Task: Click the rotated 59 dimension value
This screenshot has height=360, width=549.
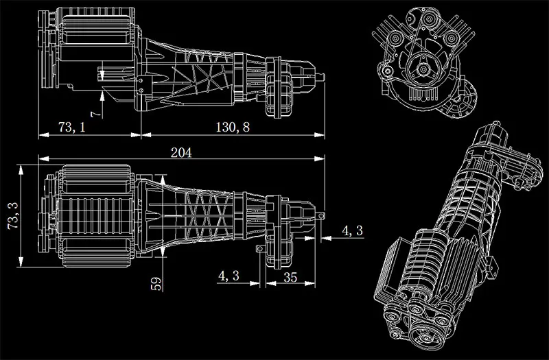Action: [x=156, y=283]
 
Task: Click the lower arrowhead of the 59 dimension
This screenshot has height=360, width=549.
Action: [x=163, y=252]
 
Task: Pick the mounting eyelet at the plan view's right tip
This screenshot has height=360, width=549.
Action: [x=320, y=214]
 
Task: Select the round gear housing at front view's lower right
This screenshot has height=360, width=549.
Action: [x=460, y=103]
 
